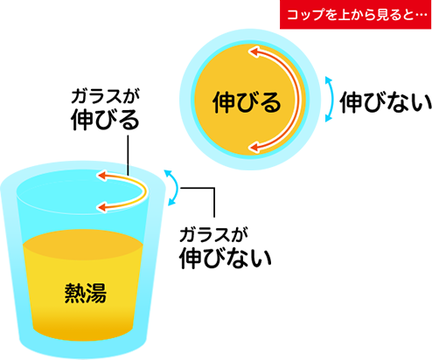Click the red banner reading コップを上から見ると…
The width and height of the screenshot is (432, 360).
click(x=355, y=14)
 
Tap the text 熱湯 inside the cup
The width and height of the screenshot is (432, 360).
click(x=86, y=293)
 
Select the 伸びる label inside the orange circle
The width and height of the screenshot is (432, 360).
click(x=247, y=102)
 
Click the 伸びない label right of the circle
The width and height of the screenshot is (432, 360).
click(x=386, y=102)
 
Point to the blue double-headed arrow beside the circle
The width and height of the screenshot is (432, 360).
click(x=332, y=100)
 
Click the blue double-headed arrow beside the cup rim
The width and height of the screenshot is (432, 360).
click(x=177, y=188)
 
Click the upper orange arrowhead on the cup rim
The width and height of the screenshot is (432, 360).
click(x=102, y=176)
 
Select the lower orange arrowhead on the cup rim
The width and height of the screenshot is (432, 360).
click(x=102, y=207)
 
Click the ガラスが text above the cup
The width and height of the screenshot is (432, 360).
click(x=105, y=96)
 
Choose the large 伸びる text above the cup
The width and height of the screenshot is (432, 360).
click(x=105, y=120)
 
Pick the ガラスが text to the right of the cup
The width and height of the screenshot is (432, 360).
click(x=213, y=235)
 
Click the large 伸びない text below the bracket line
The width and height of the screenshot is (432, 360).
click(x=226, y=259)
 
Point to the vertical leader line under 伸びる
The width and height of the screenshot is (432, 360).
click(x=128, y=156)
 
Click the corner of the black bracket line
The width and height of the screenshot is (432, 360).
click(x=214, y=188)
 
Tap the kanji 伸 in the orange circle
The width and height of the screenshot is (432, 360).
click(x=224, y=102)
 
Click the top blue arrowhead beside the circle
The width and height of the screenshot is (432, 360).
click(x=329, y=80)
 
